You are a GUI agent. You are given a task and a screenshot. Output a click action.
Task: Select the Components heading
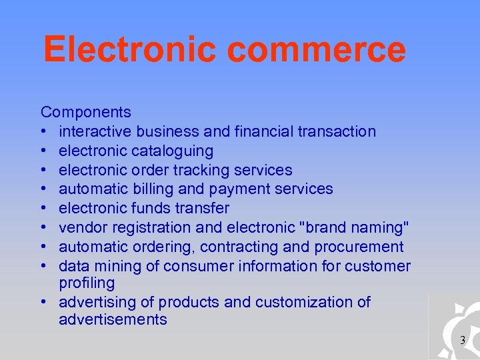coord(85,112)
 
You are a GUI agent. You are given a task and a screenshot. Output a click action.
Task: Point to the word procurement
coord(359,247)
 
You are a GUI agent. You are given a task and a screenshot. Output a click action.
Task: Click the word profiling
coord(87,283)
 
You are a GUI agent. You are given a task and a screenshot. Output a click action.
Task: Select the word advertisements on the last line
coord(113,319)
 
